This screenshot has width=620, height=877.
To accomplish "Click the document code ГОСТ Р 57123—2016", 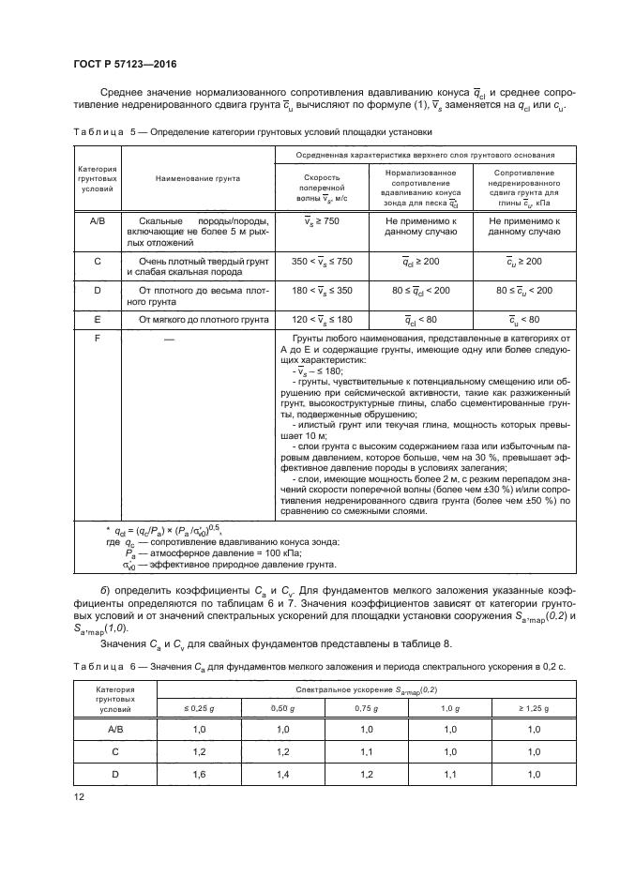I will click(x=124, y=64).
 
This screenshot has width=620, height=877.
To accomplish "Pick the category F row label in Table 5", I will click(x=98, y=338).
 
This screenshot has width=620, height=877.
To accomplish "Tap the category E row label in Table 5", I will click(x=98, y=319).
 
